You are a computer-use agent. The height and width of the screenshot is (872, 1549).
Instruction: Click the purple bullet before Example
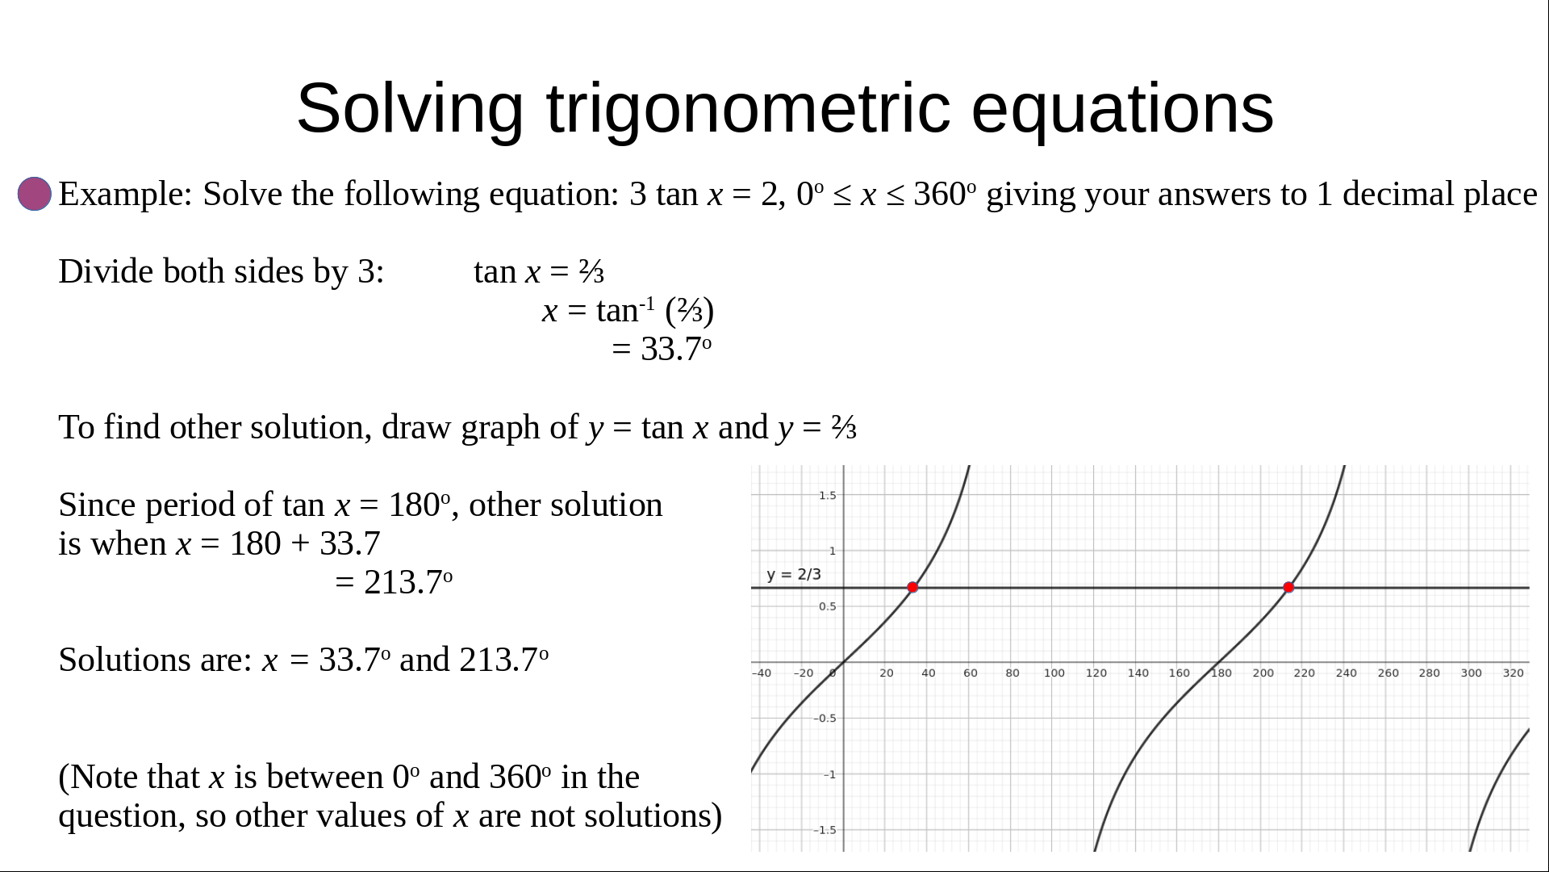point(35,195)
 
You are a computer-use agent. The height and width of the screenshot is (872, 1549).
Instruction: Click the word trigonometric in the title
point(749,109)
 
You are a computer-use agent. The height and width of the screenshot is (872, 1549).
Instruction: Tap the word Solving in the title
point(411,109)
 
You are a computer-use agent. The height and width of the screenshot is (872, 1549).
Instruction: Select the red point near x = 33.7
point(912,588)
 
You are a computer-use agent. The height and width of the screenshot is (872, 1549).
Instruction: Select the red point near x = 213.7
point(1288,588)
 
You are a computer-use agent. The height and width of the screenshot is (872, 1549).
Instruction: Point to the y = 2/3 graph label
point(794,574)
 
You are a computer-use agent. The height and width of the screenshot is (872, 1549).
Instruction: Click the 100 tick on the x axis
point(1054,673)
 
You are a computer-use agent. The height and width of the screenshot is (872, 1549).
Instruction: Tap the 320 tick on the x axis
point(1514,673)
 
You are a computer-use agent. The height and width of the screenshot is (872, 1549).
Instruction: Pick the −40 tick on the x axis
point(761,673)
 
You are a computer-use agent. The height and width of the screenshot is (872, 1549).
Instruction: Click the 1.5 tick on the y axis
point(828,496)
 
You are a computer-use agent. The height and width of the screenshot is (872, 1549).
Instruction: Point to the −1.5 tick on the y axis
point(825,830)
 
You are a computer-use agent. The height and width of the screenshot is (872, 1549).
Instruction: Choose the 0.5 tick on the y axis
point(828,606)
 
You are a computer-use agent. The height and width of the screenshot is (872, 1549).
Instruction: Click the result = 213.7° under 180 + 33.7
point(394,582)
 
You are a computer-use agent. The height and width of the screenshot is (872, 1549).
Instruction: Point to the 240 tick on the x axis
point(1346,673)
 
